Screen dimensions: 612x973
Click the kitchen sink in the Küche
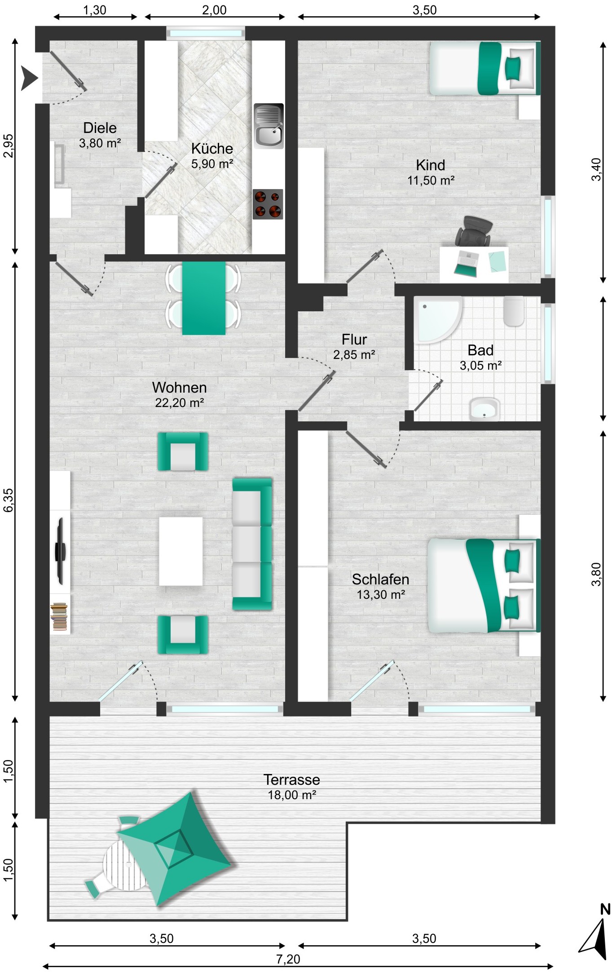[x=269, y=126]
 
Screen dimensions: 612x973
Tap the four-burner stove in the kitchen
[x=268, y=204]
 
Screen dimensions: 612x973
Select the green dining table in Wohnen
[x=203, y=298]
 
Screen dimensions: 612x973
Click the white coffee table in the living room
[x=181, y=551]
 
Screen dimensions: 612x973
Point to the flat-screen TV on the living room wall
[x=60, y=551]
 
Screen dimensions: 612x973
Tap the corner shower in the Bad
[x=438, y=319]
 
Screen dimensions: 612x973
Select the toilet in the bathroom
[x=514, y=311]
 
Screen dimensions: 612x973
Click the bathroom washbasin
[x=484, y=409]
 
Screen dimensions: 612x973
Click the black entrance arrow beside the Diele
[x=30, y=78]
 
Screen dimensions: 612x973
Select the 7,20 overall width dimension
[x=288, y=959]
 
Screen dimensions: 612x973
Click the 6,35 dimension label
[x=9, y=500]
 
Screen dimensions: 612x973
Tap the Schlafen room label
[x=380, y=579]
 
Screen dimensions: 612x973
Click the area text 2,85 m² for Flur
[x=354, y=355]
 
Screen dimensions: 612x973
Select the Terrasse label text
[x=292, y=779]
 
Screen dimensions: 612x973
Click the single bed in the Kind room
[x=485, y=68]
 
